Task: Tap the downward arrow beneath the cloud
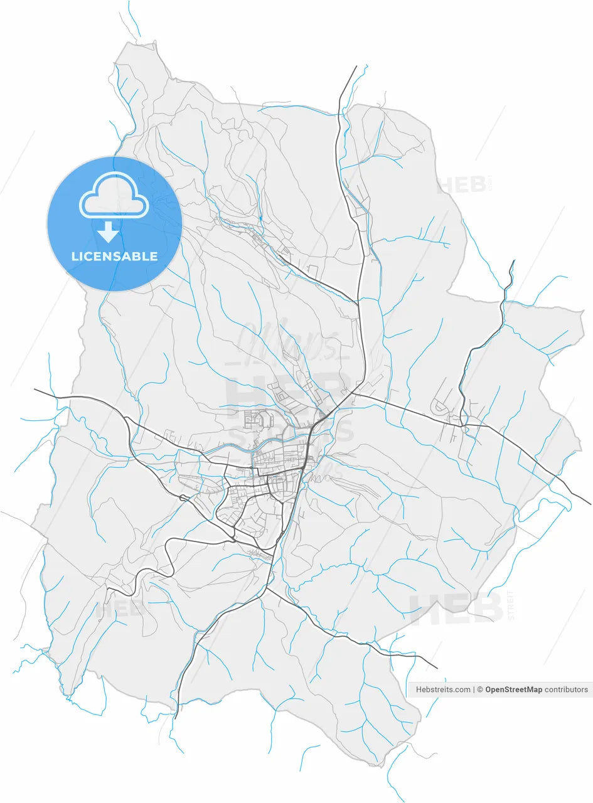pos(109,232)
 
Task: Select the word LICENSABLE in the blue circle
pos(114,256)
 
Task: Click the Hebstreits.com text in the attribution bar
pos(443,689)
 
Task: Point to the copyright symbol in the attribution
pos(480,689)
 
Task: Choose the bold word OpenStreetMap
pos(513,689)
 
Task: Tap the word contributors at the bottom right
pos(566,689)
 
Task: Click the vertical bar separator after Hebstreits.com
pos(474,689)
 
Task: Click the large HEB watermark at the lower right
pos(456,608)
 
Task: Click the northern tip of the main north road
pos(356,66)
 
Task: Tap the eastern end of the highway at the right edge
pos(590,504)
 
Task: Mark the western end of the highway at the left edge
pos(35,389)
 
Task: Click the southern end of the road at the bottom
pos(176,718)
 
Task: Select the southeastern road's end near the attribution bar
pos(437,668)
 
